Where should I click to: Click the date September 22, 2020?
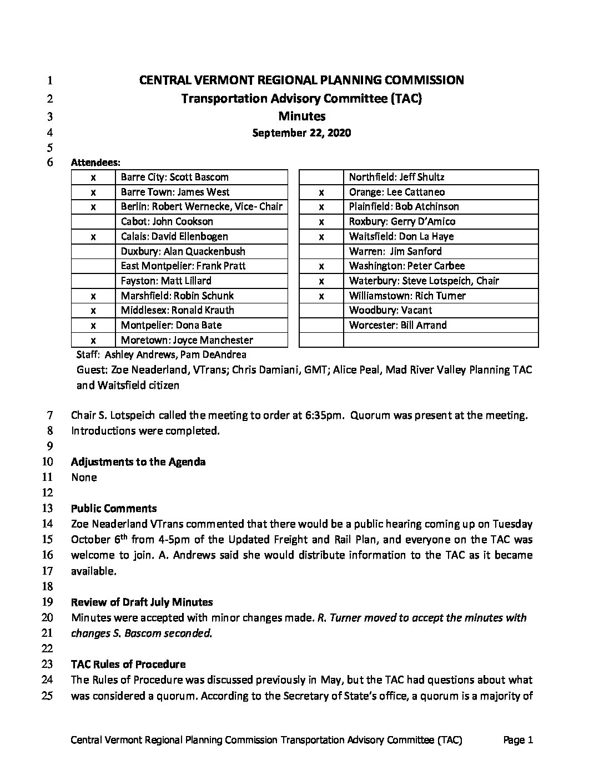pyautogui.click(x=301, y=133)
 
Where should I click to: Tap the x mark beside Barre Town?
pyautogui.click(x=93, y=192)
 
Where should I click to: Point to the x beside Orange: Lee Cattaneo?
pyautogui.click(x=321, y=192)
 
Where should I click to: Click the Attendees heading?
pyautogui.click(x=95, y=163)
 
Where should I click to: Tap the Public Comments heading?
pyautogui.click(x=114, y=509)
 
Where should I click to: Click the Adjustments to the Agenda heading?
pyautogui.click(x=138, y=462)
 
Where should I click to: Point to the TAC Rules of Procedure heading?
pyautogui.click(x=128, y=665)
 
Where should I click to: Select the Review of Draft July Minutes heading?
pyautogui.click(x=142, y=602)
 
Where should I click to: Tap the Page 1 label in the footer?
pyautogui.click(x=518, y=740)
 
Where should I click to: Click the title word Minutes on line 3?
pyautogui.click(x=301, y=116)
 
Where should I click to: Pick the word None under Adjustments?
pyautogui.click(x=84, y=478)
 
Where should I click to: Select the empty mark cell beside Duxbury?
pyautogui.click(x=93, y=251)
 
